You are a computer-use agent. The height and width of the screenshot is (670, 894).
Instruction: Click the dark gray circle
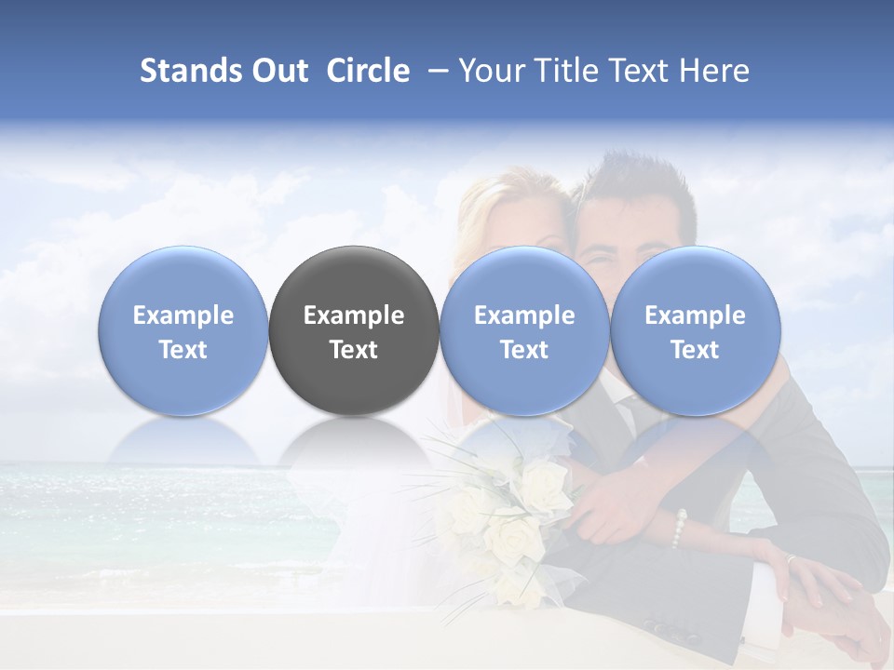click(x=354, y=330)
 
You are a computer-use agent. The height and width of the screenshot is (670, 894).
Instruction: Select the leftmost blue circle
click(x=183, y=330)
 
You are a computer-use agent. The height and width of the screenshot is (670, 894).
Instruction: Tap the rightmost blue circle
click(x=695, y=330)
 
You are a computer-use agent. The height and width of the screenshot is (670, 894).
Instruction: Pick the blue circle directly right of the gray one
click(x=524, y=330)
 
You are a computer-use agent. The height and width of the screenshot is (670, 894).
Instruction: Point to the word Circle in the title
click(x=368, y=71)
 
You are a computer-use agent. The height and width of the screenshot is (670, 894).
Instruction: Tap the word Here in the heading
click(x=714, y=71)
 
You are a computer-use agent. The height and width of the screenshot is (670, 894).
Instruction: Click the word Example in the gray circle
click(x=354, y=315)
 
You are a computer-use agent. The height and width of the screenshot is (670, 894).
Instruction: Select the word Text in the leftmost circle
click(x=183, y=350)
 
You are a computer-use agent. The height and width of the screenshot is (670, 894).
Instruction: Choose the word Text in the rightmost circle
click(x=695, y=350)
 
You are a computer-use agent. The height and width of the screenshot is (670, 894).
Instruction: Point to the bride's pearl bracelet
click(x=680, y=528)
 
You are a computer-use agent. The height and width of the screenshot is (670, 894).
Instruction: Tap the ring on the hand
click(x=791, y=559)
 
